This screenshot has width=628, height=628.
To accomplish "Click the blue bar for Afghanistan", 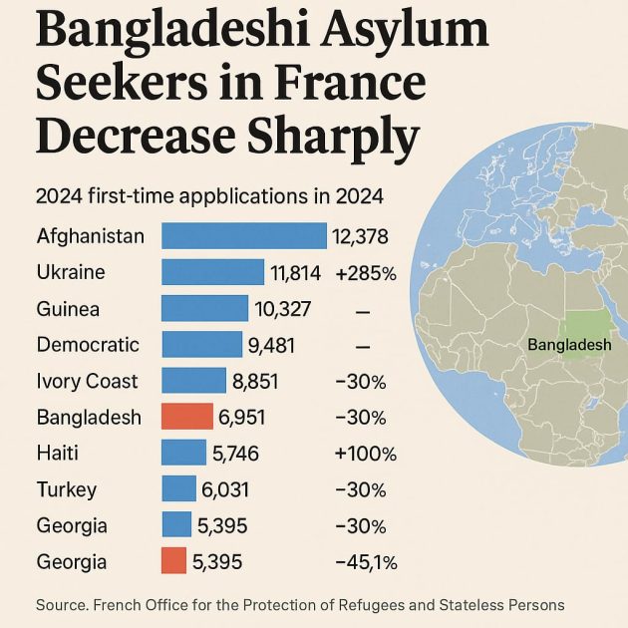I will (x=243, y=236).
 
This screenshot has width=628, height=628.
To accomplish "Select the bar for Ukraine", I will (x=212, y=272).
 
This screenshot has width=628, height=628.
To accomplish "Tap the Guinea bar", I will (x=204, y=309).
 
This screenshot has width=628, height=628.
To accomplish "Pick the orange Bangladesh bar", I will (x=187, y=417).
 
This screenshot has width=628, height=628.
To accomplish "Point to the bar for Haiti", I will (x=183, y=454).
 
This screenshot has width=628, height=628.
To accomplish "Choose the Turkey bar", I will (x=178, y=489).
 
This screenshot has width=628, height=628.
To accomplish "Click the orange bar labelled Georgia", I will (x=173, y=561).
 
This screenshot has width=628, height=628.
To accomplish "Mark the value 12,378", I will (x=360, y=236).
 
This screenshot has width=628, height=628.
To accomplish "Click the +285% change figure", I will (x=366, y=273).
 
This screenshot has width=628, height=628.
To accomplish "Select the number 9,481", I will (x=274, y=345).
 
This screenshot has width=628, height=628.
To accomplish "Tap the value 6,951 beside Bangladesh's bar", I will (x=243, y=417).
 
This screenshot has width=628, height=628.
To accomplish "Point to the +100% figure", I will (x=366, y=454).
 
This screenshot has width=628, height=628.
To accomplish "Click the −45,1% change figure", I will (x=366, y=562).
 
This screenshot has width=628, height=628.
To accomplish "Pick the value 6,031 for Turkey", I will (x=226, y=489).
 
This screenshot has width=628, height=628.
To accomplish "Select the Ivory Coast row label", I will (x=87, y=381).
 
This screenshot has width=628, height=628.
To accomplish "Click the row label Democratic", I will (x=88, y=345).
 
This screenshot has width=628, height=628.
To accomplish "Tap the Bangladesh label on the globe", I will (x=569, y=345).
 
